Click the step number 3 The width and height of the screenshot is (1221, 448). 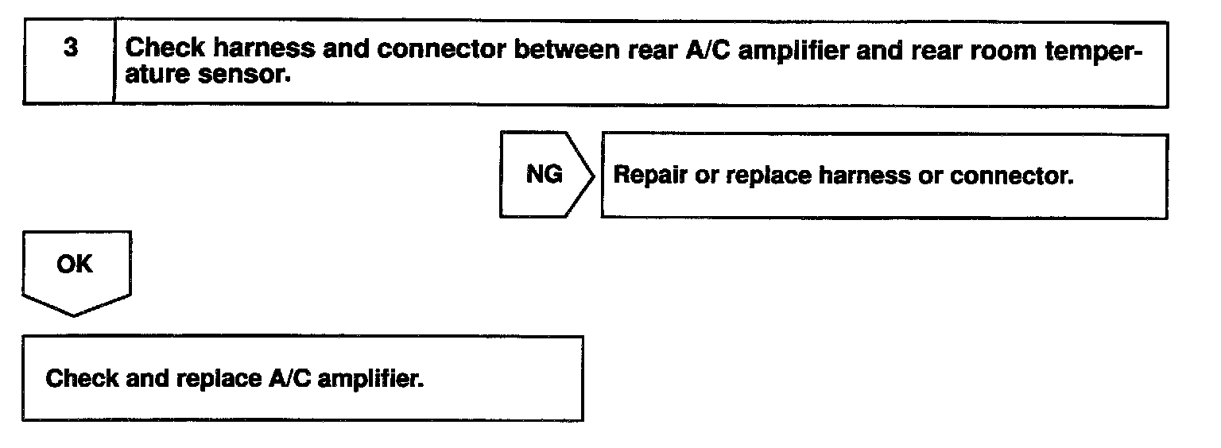pyautogui.click(x=72, y=48)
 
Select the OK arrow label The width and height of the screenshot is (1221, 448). pyautogui.click(x=75, y=265)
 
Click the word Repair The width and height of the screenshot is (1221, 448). pyautogui.click(x=650, y=176)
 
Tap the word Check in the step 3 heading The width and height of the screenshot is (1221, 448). pyautogui.click(x=164, y=48)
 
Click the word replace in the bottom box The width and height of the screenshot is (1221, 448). pyautogui.click(x=211, y=379)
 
